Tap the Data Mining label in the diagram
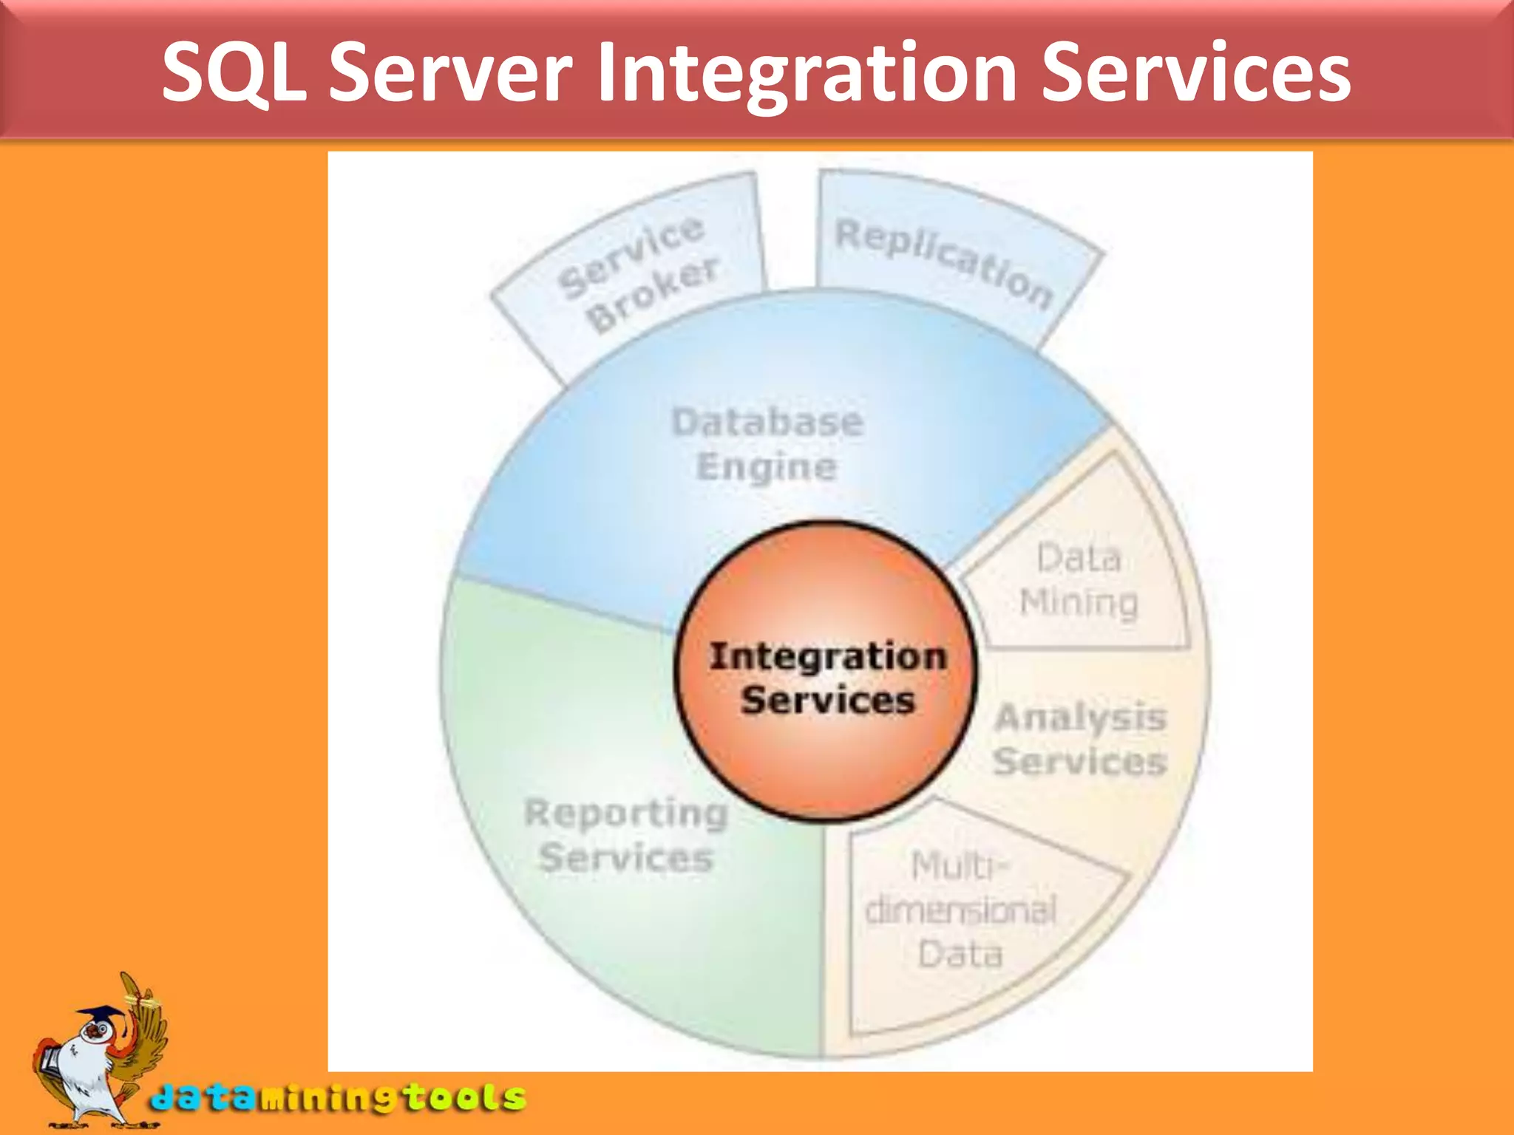coord(1079,580)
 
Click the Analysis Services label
coord(1080,739)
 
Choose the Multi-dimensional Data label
coord(960,910)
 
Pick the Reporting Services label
coord(626,835)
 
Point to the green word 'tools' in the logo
coord(466,1097)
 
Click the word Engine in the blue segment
coord(767,467)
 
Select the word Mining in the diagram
coord(1079,603)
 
